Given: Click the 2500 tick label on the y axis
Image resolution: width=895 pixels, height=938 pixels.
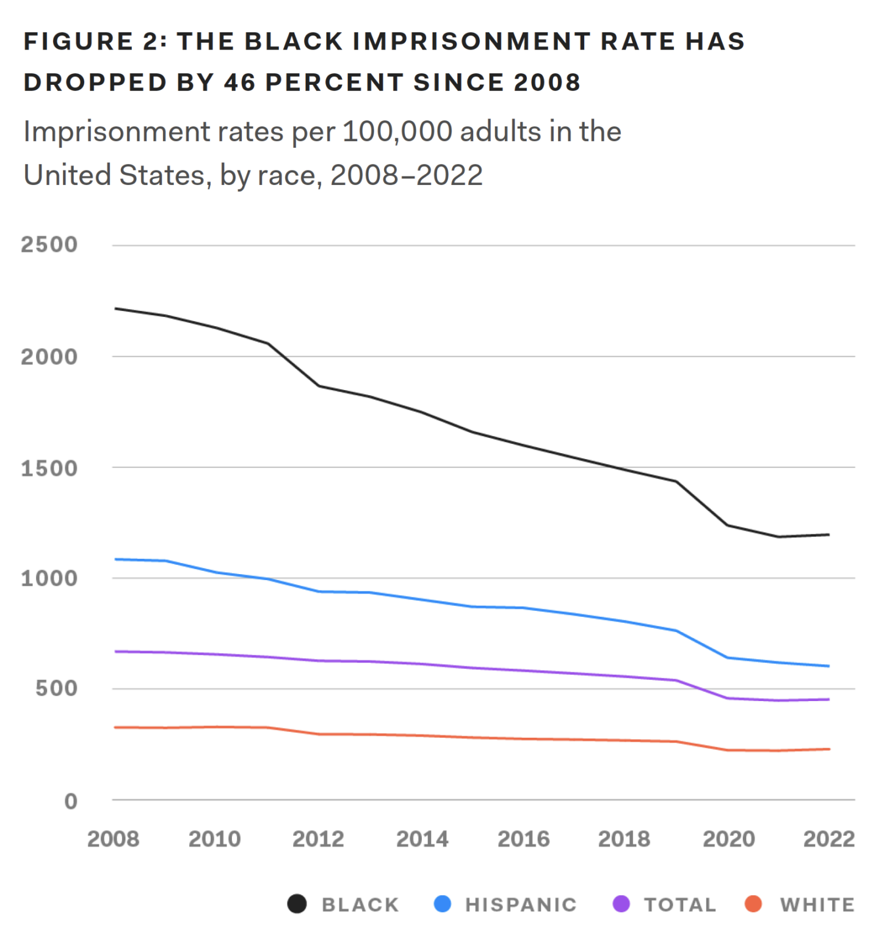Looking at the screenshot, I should pos(49,245).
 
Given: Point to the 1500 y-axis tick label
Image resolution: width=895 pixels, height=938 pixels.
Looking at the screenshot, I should pos(49,468).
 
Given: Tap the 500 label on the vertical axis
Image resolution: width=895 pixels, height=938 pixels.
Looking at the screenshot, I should pos(56,689).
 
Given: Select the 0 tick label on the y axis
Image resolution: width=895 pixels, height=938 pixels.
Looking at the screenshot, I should pos(71,801).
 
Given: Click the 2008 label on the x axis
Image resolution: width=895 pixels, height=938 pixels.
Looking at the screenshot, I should pos(113,839).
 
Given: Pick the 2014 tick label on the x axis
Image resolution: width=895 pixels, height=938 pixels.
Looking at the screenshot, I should pos(422,839).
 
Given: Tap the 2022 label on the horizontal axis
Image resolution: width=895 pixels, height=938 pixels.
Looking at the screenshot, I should pos(828,839).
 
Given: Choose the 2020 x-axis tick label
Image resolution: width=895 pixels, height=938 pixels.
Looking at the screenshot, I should pos(728,839).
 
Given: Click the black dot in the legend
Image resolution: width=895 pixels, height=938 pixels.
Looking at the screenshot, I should pos(297,904).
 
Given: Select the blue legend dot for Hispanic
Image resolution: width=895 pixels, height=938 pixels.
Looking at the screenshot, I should pos(442,904).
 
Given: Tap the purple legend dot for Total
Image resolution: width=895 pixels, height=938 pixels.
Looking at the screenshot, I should pos(621,904).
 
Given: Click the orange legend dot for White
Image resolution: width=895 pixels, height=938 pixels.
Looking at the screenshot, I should pos(753,904).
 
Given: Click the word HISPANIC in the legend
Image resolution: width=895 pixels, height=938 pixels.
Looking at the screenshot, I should pos(521,904).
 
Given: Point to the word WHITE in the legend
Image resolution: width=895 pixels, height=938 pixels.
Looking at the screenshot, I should pos(817,904).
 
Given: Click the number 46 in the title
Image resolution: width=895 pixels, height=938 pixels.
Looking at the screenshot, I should pos(239,82).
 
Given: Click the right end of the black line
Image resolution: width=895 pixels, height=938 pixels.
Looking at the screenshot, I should pos(828,535).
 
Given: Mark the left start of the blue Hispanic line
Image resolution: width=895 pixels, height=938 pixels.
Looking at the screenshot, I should pos(116,559).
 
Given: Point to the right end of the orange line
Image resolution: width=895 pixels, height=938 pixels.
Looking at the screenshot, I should pos(828,749).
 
